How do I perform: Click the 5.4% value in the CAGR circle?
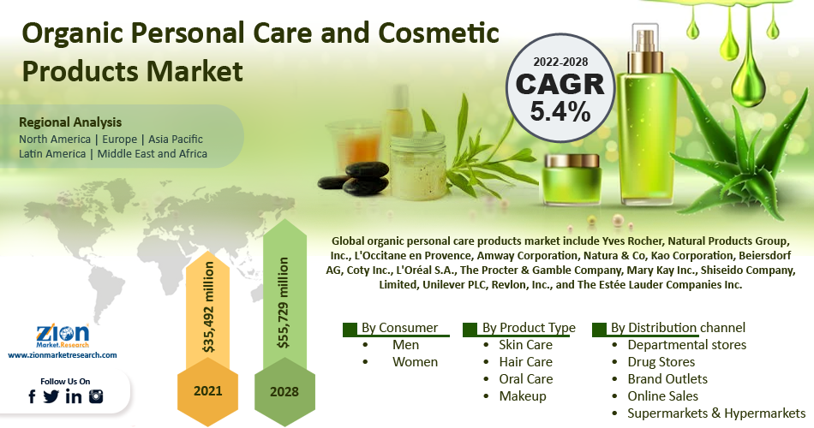point(560,110)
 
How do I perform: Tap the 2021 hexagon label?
point(207,391)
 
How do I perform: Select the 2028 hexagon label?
point(284,391)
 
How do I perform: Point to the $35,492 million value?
point(208,307)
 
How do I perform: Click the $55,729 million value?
point(284,302)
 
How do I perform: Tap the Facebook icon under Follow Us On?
point(33,397)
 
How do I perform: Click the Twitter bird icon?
point(51,397)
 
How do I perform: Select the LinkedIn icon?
point(74,397)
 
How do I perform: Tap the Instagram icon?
point(96,397)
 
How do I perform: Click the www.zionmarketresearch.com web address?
point(63,355)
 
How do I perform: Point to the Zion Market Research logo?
point(63,336)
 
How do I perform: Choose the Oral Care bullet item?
point(526,379)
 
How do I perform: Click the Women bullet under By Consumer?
point(415,362)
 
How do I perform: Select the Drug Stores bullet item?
point(661,362)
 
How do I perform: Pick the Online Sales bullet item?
point(663,396)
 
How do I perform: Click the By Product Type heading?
point(529,328)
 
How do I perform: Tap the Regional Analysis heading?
point(70,122)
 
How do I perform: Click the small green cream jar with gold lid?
point(572,178)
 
